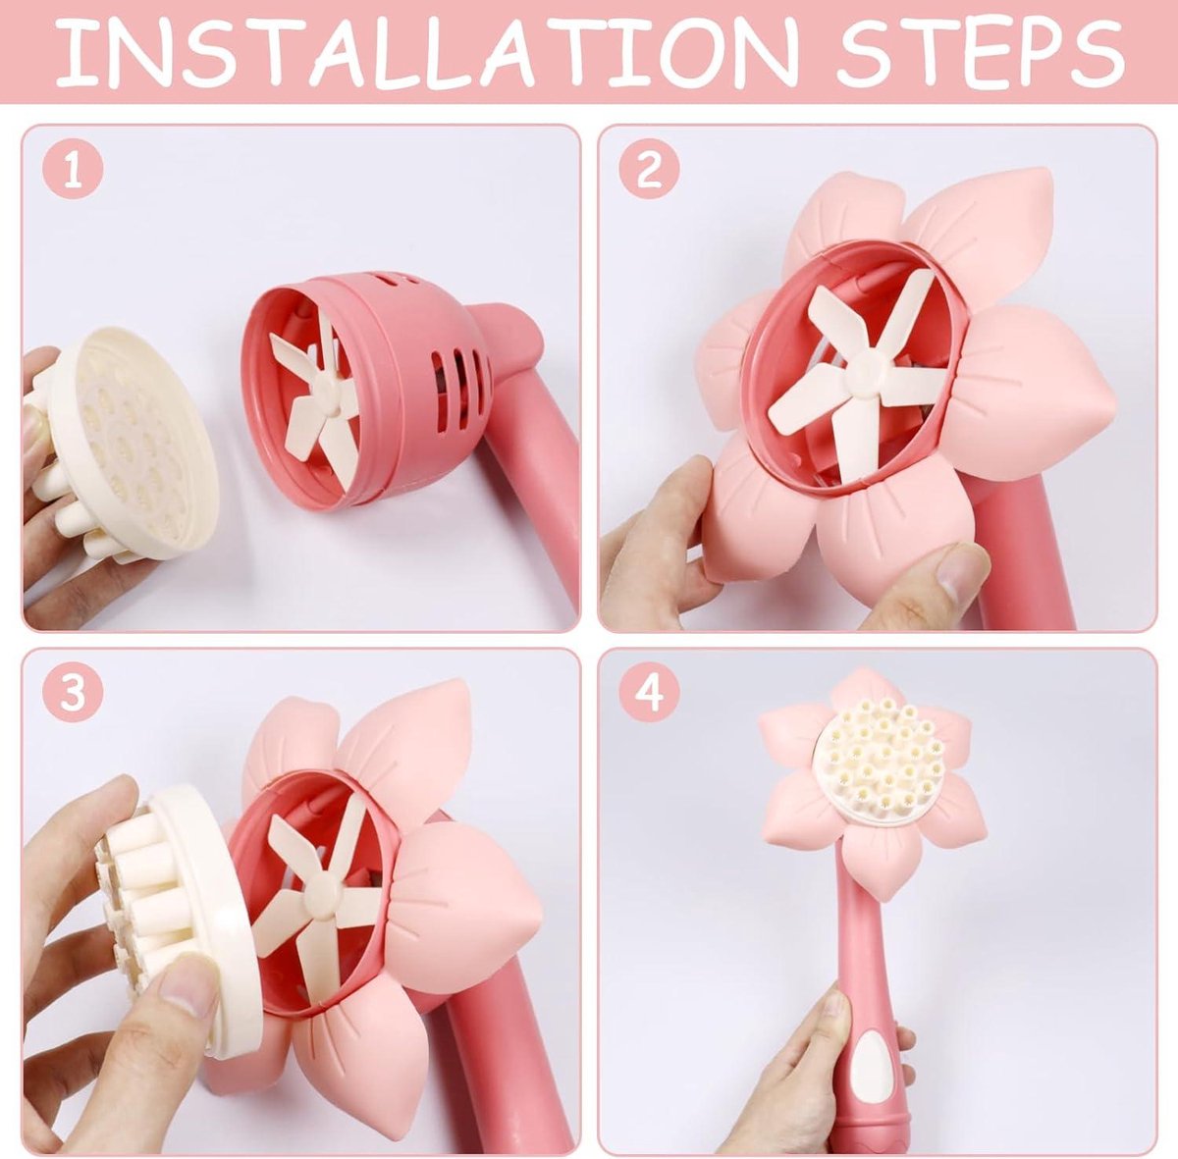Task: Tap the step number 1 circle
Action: [x=73, y=170]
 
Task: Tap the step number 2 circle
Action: [x=649, y=170]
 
